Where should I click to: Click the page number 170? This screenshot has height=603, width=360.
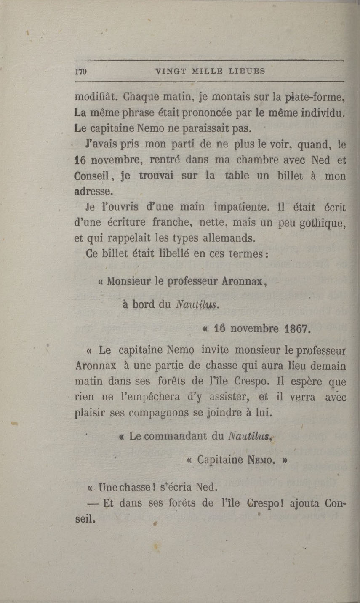point(80,72)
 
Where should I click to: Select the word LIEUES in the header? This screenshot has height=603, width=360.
point(247,71)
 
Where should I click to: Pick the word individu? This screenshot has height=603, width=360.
point(323,113)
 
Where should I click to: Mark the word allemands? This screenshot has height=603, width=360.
point(226,239)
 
